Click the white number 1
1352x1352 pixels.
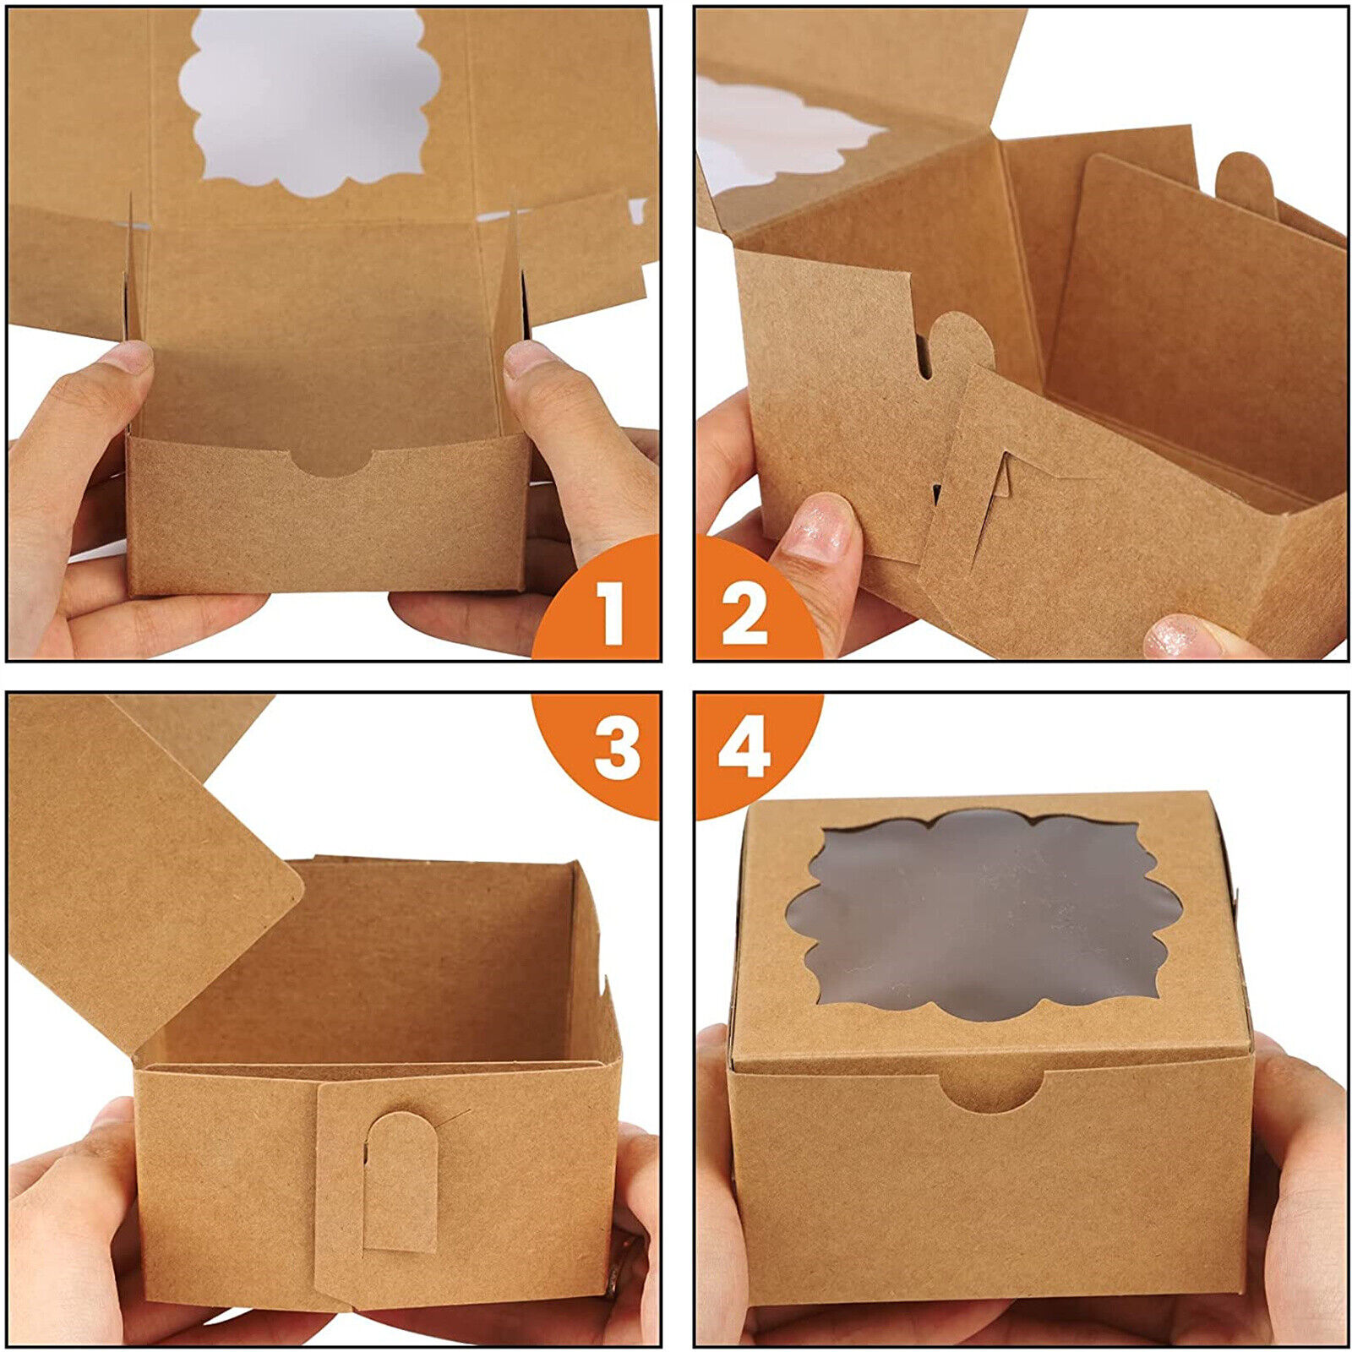pyautogui.click(x=610, y=615)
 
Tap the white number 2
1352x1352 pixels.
pyautogui.click(x=744, y=615)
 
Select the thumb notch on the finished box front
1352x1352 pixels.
pyautogui.click(x=990, y=1091)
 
